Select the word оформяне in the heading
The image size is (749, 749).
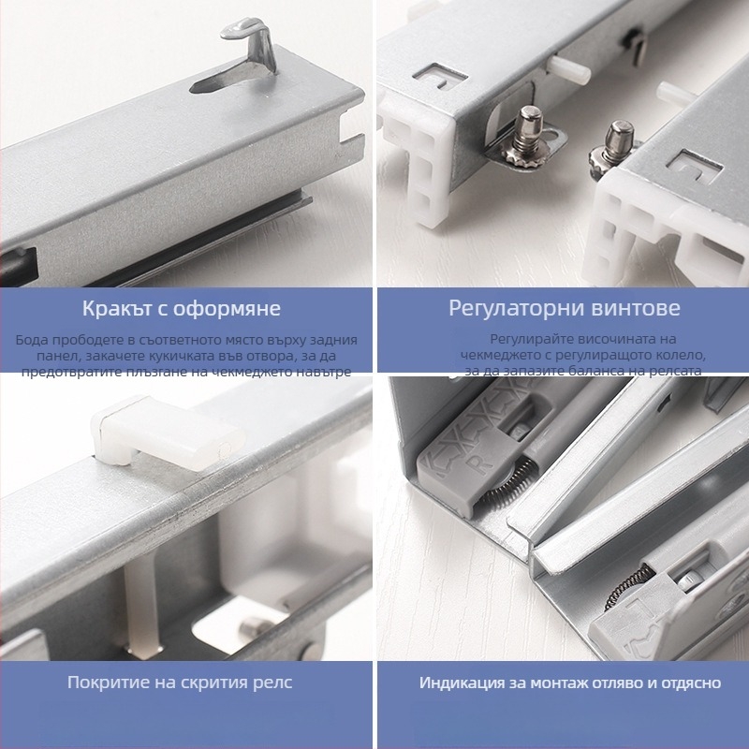click(227, 309)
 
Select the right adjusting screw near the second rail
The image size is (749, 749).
click(614, 148)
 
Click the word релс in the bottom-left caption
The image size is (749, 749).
click(273, 683)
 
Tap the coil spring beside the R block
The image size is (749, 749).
click(507, 481)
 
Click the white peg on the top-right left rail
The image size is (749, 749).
click(568, 69)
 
